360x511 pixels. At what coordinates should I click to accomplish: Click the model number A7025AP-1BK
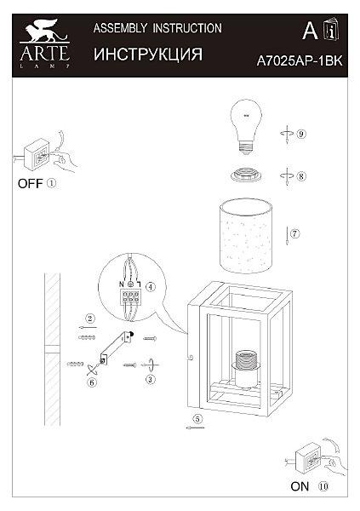(300, 61)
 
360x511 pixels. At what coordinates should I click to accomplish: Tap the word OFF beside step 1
(31, 184)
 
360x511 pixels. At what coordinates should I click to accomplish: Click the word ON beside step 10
(300, 486)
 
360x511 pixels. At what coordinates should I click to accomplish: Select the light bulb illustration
(246, 126)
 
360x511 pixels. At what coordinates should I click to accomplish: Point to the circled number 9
(301, 134)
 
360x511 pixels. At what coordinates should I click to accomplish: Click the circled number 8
(301, 176)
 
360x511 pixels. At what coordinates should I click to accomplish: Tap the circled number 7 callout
(294, 233)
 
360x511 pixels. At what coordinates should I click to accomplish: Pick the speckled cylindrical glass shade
(246, 236)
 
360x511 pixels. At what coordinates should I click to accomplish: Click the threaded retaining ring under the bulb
(246, 175)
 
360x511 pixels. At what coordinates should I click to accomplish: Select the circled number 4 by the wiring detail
(150, 287)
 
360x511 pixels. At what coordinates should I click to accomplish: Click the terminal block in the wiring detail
(130, 297)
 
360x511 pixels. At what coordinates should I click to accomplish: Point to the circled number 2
(90, 319)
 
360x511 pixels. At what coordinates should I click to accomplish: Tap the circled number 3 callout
(150, 379)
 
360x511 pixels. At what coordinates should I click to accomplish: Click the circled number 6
(92, 382)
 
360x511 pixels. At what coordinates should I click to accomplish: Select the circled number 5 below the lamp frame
(197, 419)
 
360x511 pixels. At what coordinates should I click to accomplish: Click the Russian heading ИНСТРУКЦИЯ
(148, 55)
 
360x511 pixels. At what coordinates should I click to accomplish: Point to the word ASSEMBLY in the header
(120, 28)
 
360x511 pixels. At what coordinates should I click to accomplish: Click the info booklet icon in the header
(331, 30)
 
